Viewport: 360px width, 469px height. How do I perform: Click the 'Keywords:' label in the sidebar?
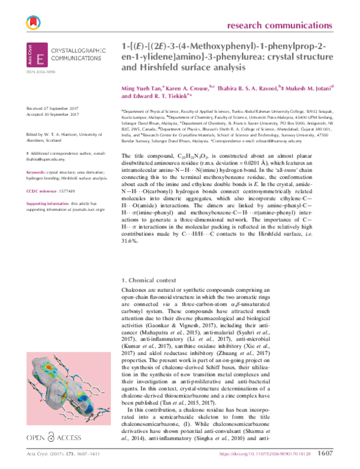pos(36,155)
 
